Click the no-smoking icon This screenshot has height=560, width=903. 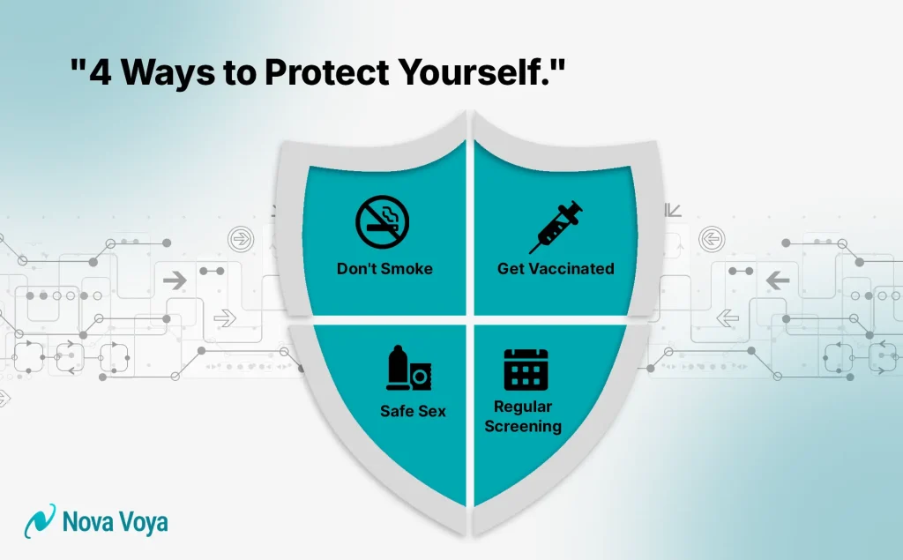point(383,222)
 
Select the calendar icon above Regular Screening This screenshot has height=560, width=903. point(526,369)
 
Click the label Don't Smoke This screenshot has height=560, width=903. point(384,268)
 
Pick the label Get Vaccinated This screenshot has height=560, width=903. point(556,268)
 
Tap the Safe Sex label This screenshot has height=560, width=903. point(413,411)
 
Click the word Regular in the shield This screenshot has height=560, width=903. point(523,407)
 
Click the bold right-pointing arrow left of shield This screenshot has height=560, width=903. point(175,281)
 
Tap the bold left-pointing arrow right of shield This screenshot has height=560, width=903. point(778,281)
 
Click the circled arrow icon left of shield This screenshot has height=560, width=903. point(237,238)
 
